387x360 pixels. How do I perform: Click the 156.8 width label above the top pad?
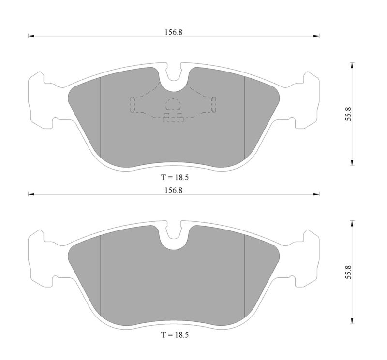(x=174, y=32)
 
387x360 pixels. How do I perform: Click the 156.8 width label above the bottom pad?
(x=174, y=190)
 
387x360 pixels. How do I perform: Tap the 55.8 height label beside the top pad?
(x=348, y=114)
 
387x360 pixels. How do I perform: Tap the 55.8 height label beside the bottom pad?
(x=348, y=272)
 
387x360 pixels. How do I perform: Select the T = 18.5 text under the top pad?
(x=175, y=177)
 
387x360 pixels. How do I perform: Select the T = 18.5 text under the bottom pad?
(x=175, y=335)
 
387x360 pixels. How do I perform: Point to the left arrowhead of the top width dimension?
(x=31, y=36)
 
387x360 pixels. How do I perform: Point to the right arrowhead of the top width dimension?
(x=316, y=36)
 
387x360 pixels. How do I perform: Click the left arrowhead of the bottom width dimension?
(x=31, y=194)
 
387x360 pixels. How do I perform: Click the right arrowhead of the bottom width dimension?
(x=316, y=194)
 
